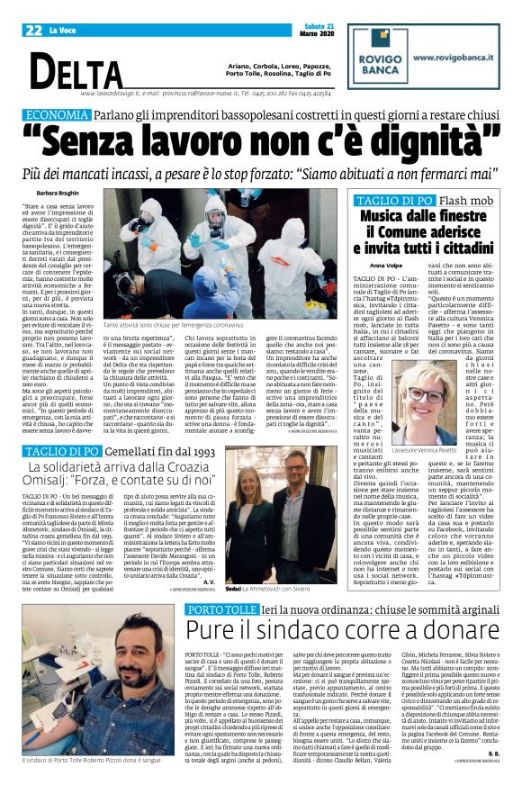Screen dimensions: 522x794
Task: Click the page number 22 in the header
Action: point(34,31)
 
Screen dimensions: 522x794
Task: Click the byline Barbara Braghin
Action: point(58,194)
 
